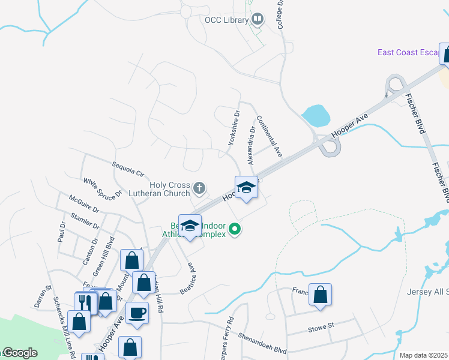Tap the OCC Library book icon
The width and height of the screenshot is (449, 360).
click(258, 20)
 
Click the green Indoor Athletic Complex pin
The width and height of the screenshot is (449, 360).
click(236, 229)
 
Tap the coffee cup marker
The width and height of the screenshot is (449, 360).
click(137, 313)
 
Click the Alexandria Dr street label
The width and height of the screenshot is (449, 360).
click(252, 146)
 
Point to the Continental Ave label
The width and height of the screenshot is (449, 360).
click(269, 136)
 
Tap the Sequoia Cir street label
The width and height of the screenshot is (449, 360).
click(128, 169)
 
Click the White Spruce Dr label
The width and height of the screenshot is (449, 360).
click(103, 187)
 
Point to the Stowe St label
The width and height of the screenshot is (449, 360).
click(320, 328)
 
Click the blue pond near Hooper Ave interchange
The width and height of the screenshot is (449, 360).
click(316, 115)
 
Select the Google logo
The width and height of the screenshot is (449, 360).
click(19, 353)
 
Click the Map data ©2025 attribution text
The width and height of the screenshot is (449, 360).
click(423, 355)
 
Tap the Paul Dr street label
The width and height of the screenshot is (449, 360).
click(62, 232)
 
